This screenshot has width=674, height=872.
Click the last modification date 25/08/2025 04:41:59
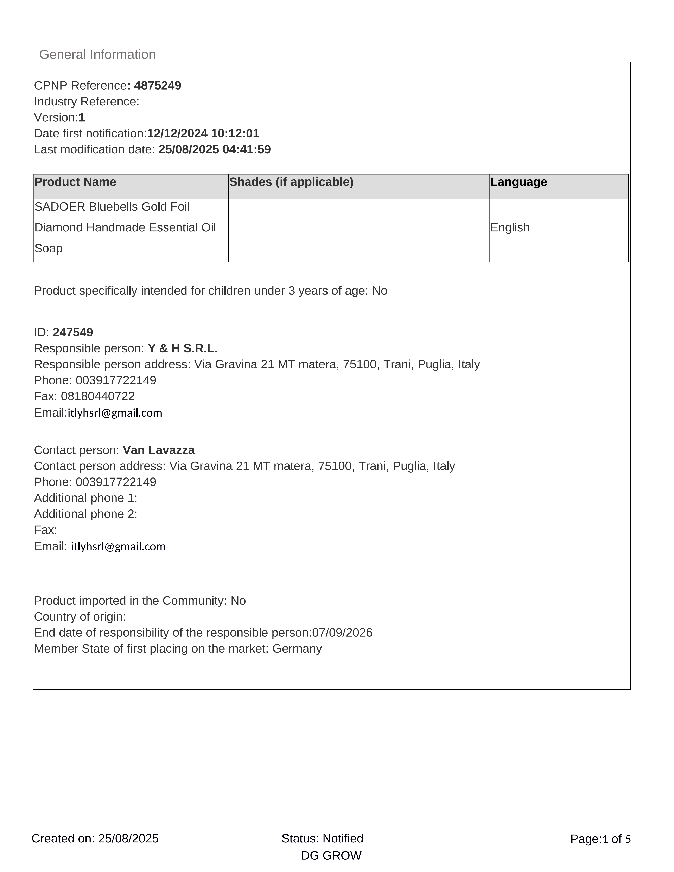(214, 149)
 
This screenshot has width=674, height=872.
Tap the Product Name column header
(75, 182)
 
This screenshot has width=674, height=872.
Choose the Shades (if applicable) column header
(291, 182)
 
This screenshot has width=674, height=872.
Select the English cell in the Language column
(510, 227)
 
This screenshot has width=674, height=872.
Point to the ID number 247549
(73, 332)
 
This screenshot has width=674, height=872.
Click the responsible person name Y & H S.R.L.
(183, 348)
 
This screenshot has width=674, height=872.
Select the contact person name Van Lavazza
(159, 450)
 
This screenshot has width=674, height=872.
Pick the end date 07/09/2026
(342, 633)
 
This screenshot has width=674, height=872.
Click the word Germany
(297, 648)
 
